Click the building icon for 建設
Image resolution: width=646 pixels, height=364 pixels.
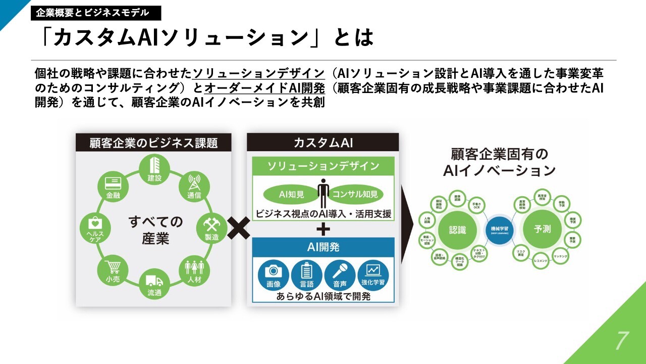pyautogui.click(x=154, y=168)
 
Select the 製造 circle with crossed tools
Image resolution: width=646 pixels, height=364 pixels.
pyautogui.click(x=211, y=228)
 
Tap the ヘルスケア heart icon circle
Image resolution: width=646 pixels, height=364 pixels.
pyautogui.click(x=95, y=228)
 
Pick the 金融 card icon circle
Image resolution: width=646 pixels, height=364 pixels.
pyautogui.click(x=112, y=186)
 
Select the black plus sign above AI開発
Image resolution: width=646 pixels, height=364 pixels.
pyautogui.click(x=323, y=229)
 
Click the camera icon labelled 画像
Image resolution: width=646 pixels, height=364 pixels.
pyautogui.click(x=274, y=275)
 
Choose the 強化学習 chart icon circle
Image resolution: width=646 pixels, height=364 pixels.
pyautogui.click(x=373, y=275)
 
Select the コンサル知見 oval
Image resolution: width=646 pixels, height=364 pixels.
pyautogui.click(x=355, y=194)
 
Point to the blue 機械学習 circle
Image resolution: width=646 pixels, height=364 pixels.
pyautogui.click(x=500, y=230)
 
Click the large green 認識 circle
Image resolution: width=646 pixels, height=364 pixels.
pyautogui.click(x=458, y=230)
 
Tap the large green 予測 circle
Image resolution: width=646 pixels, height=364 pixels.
pyautogui.click(x=542, y=229)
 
